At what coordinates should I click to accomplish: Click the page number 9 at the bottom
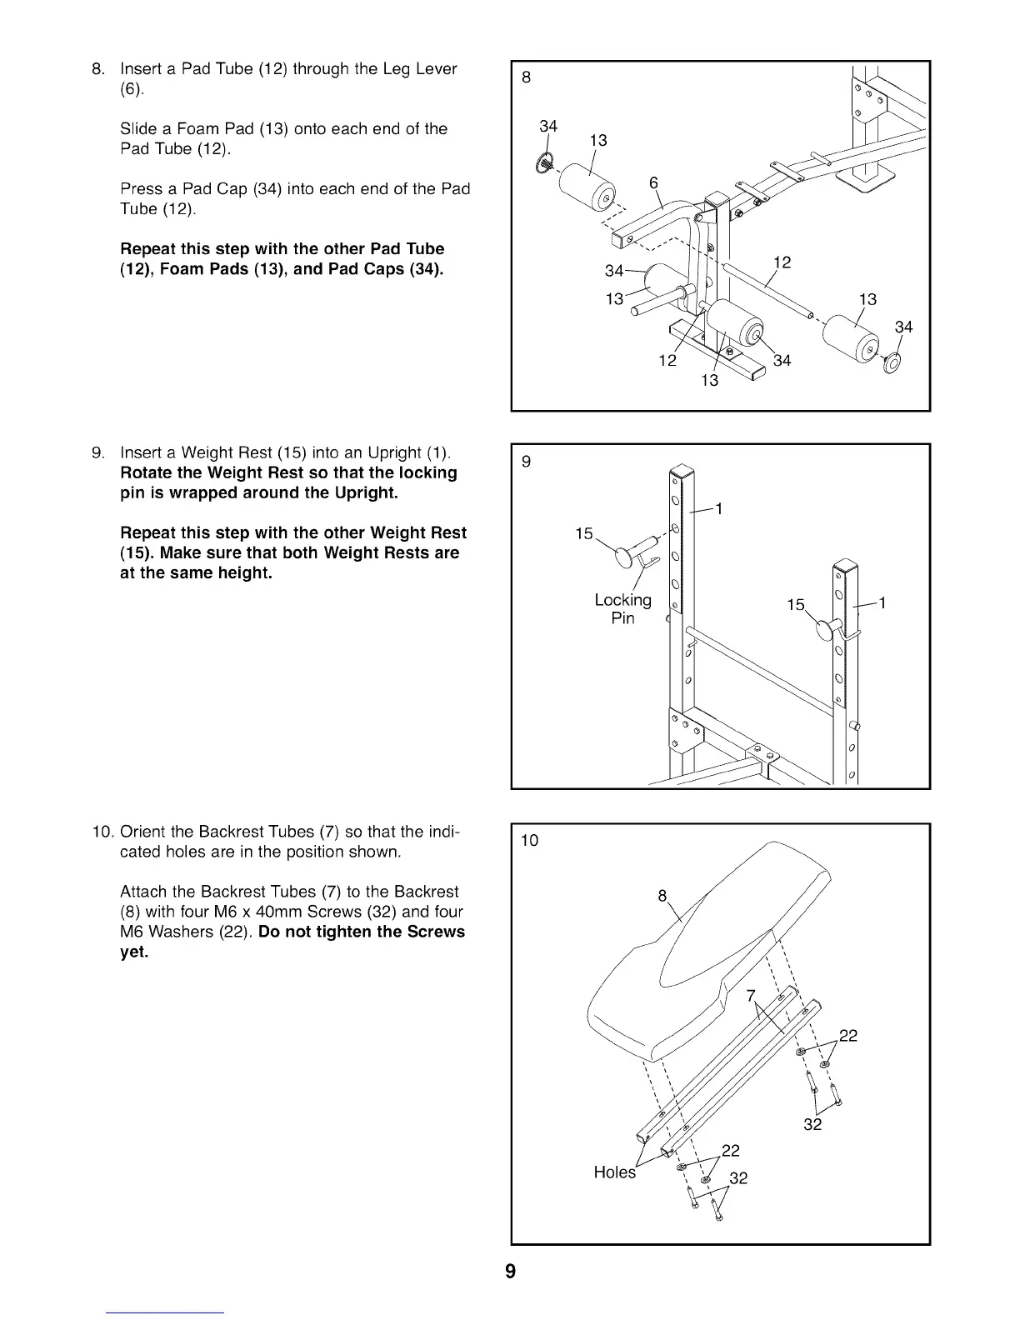coord(510,1272)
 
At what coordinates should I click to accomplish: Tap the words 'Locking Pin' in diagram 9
coord(622,609)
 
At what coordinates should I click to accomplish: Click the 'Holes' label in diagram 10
coord(614,1172)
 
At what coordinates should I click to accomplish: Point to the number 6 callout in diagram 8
coord(653,183)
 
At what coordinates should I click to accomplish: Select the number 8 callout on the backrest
coord(662,897)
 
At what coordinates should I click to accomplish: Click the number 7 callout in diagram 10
coord(750,996)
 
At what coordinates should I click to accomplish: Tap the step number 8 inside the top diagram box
coord(526,78)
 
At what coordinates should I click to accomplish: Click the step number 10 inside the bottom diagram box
coord(529,840)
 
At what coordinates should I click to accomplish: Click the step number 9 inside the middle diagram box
coord(526,461)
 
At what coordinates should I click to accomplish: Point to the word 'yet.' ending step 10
coord(134,952)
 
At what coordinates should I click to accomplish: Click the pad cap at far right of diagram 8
coord(890,362)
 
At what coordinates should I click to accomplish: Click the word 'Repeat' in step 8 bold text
coord(148,249)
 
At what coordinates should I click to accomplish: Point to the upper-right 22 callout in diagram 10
coord(847,1036)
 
